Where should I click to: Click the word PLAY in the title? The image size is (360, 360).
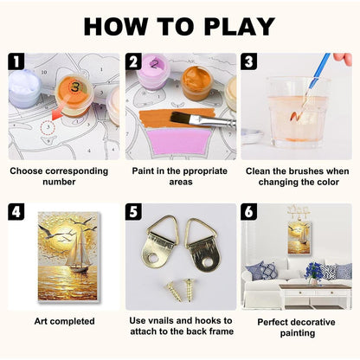click(239, 27)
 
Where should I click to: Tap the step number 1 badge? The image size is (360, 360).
click(16, 61)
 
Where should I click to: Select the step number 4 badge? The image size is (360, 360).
click(16, 212)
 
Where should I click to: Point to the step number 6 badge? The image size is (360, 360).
click(249, 212)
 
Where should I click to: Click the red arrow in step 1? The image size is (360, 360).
click(58, 113)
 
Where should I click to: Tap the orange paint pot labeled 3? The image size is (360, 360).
click(74, 93)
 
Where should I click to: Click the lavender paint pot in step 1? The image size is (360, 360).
click(24, 87)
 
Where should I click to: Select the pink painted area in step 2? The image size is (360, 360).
click(179, 142)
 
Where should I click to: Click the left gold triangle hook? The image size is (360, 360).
click(159, 241)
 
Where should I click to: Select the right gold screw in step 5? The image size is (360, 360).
click(189, 290)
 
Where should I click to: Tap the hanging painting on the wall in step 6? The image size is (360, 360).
click(299, 239)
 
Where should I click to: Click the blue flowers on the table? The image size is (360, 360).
click(313, 272)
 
